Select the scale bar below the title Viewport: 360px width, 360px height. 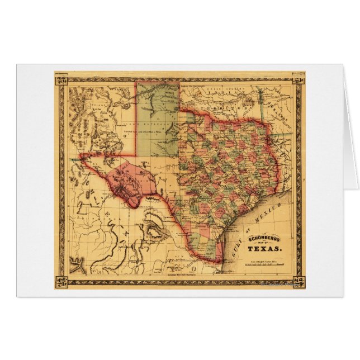pyautogui.click(x=263, y=264)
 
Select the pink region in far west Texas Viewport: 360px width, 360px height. pyautogui.click(x=125, y=178)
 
